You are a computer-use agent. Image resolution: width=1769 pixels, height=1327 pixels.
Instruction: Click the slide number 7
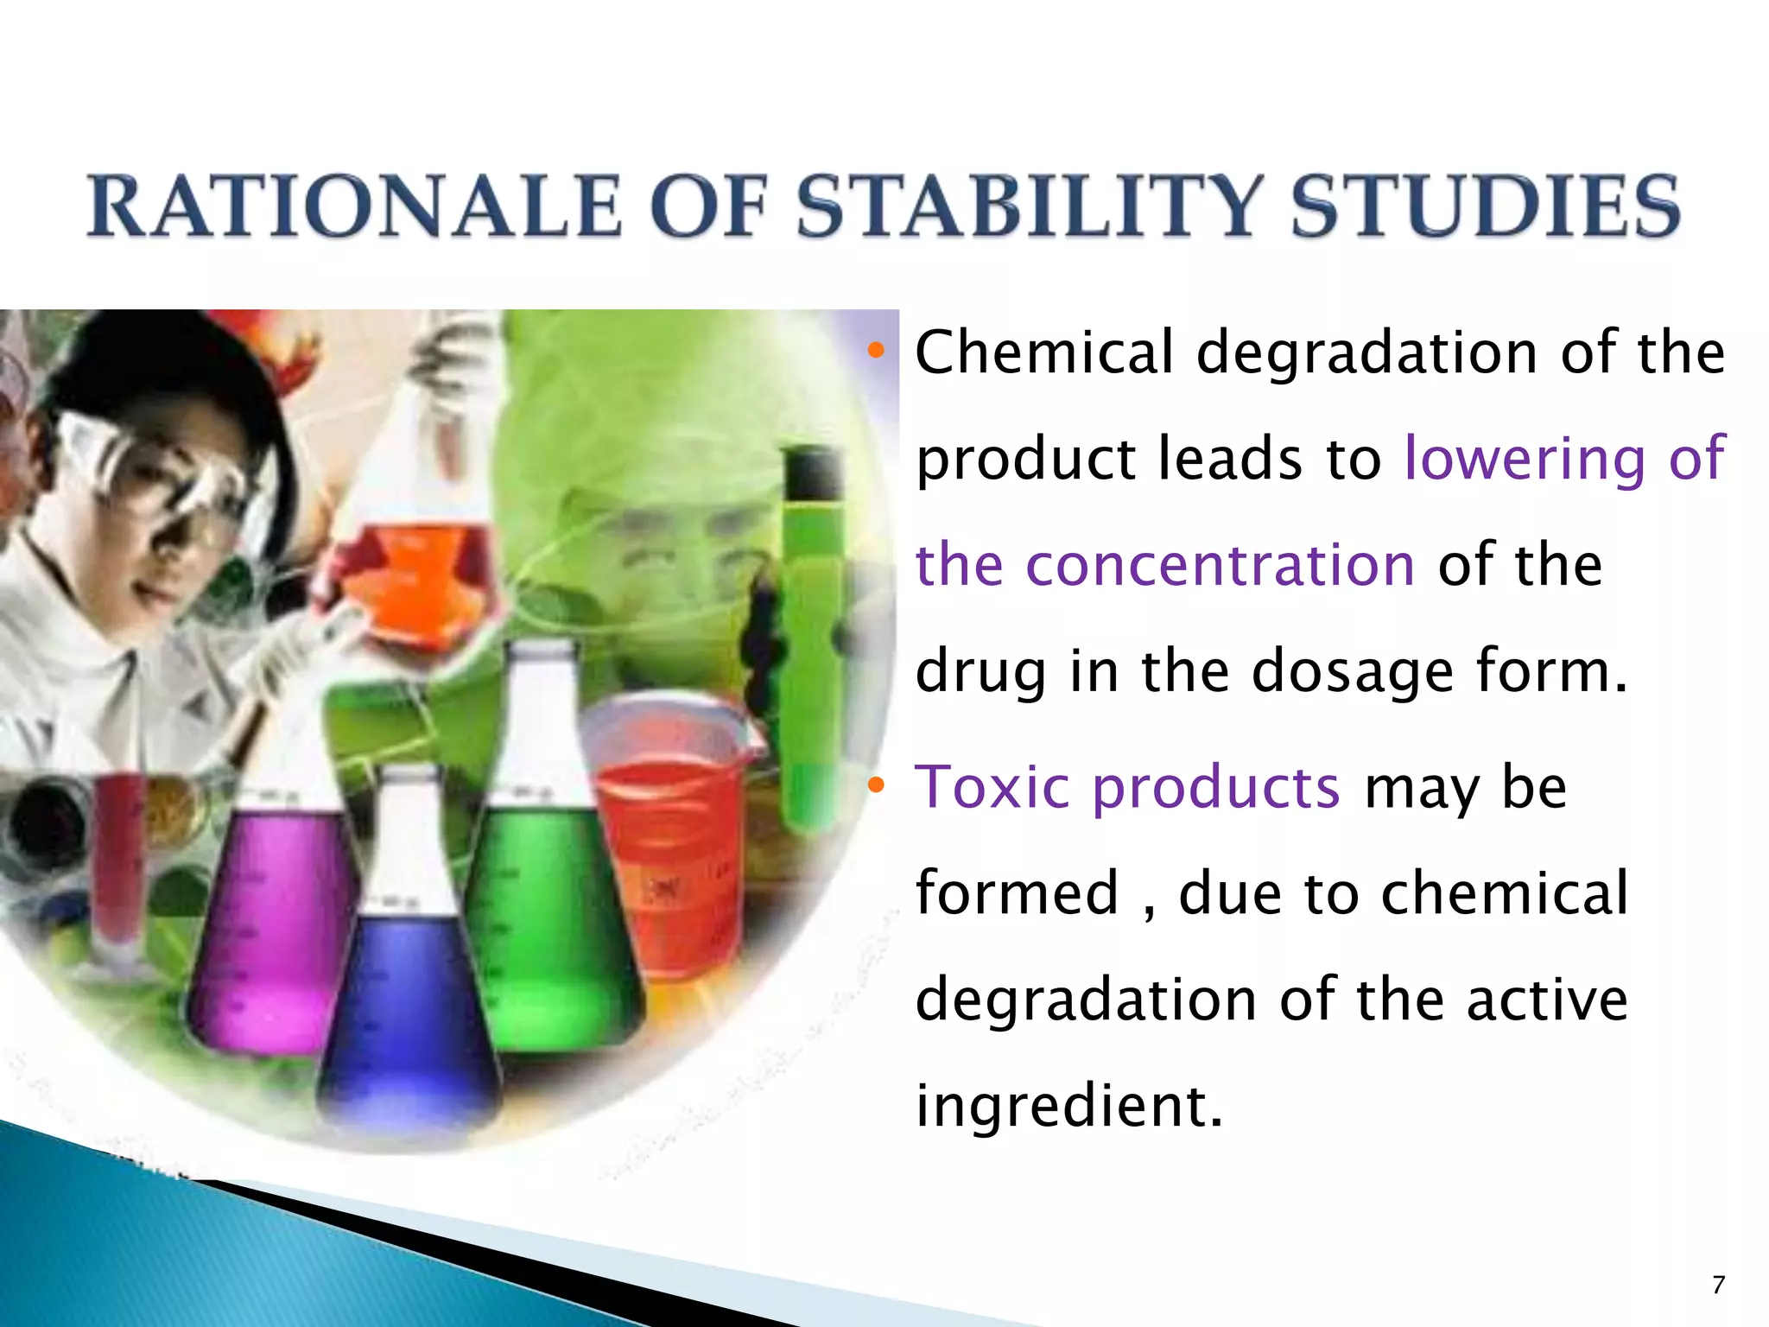1718,1285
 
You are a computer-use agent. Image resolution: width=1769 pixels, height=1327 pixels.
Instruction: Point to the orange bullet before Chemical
877,351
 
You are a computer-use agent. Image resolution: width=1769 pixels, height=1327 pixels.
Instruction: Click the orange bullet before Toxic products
877,784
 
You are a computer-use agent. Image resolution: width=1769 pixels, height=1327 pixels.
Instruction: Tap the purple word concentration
1220,565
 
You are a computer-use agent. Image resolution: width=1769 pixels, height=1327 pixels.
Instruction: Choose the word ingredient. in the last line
1068,1106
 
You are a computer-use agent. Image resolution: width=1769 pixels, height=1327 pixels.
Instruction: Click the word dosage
1353,672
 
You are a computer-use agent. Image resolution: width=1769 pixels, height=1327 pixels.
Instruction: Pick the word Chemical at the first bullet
1044,352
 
